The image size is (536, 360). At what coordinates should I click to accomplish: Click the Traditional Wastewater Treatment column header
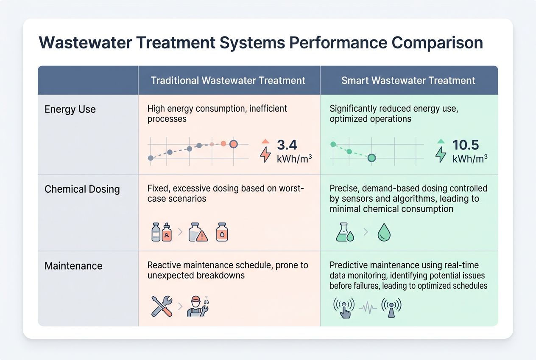(x=228, y=81)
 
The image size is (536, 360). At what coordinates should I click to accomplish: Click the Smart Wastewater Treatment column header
(x=408, y=81)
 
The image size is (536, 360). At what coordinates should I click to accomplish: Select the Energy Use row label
(x=70, y=110)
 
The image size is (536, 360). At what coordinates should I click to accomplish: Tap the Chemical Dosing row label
(x=82, y=189)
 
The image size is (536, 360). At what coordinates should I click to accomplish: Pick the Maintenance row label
(x=73, y=266)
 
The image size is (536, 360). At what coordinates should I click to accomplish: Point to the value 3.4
(x=287, y=145)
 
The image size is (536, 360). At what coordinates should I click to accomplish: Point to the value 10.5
(x=465, y=145)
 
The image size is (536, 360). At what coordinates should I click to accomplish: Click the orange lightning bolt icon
(x=265, y=155)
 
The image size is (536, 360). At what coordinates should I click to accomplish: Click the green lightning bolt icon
(x=441, y=155)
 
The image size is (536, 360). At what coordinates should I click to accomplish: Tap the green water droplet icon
(x=384, y=233)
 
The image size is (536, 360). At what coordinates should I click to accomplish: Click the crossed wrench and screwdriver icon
(x=162, y=306)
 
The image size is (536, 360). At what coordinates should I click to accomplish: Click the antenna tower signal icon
(x=391, y=307)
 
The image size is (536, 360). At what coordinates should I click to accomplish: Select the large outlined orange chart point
(x=233, y=144)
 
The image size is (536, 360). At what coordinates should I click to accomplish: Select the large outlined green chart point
(x=371, y=158)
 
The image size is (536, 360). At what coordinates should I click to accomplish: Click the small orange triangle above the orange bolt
(x=265, y=141)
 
